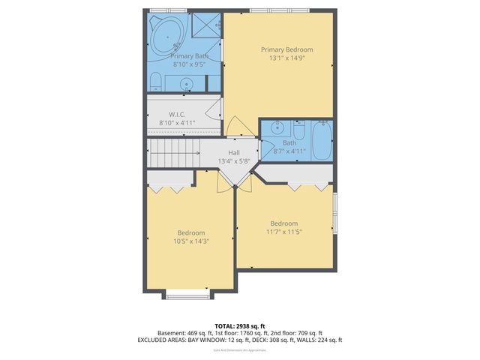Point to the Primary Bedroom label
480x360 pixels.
(286, 49)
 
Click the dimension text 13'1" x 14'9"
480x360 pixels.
(286, 58)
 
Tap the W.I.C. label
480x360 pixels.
(177, 114)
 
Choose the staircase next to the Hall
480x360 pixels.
(172, 154)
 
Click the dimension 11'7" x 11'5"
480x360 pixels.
(283, 232)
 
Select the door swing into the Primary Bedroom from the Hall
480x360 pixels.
(234, 127)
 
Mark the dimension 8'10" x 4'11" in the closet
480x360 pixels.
(177, 122)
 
